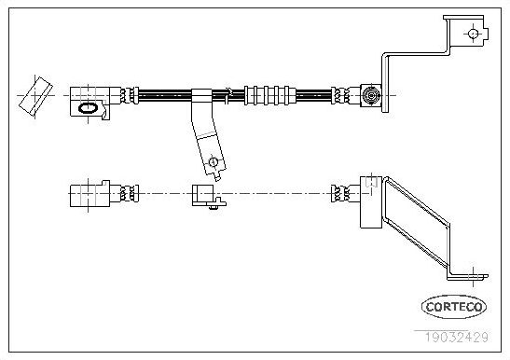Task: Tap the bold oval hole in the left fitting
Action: (88, 108)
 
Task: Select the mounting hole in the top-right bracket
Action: (473, 35)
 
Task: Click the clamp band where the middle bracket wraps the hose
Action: (200, 94)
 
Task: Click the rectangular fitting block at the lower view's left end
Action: (89, 193)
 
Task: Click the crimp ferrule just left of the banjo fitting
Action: (341, 94)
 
